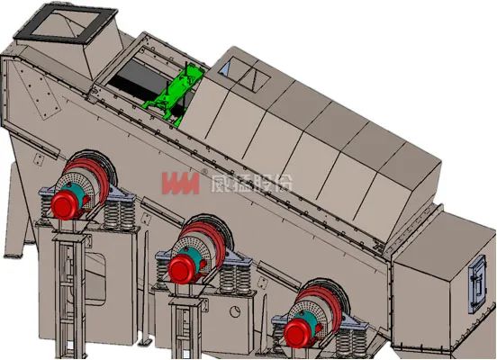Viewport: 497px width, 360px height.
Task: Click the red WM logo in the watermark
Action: pos(181,184)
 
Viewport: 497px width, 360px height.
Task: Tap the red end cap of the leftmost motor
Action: pos(66,205)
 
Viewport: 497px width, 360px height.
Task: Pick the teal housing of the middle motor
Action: pos(190,256)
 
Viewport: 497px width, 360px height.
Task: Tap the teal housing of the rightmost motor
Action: pos(306,320)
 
